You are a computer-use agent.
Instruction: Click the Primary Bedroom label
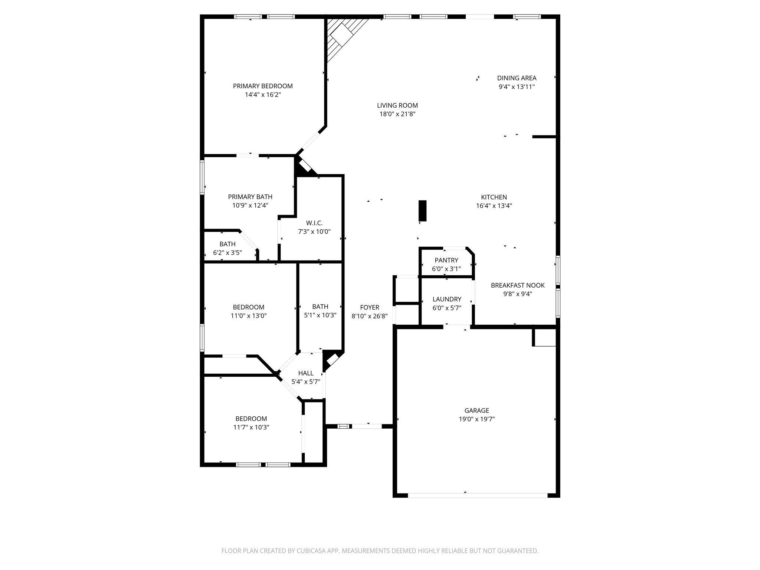coord(262,86)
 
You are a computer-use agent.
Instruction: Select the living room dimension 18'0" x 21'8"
coord(397,114)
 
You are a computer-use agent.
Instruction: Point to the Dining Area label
coord(517,78)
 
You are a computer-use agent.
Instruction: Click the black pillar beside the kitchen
coord(422,210)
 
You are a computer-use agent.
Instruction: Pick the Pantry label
coord(446,260)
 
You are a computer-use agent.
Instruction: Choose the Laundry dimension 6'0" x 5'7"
coord(447,308)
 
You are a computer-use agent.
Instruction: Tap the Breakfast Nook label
coord(518,285)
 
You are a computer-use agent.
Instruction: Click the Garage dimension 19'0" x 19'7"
coord(476,419)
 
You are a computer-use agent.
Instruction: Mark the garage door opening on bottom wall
coord(477,495)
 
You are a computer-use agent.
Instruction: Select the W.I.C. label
coord(314,223)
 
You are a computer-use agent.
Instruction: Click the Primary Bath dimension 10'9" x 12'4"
coord(250,205)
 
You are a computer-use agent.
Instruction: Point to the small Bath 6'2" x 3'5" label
coord(227,244)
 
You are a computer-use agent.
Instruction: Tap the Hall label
coord(306,373)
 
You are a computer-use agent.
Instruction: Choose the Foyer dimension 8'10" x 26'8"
coord(370,316)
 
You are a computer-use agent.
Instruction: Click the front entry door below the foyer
coord(366,426)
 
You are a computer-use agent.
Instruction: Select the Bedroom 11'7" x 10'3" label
coord(251,419)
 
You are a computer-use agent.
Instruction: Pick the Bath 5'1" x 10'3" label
coord(320,307)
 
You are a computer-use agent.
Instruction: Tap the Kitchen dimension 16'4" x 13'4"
coord(494,206)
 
